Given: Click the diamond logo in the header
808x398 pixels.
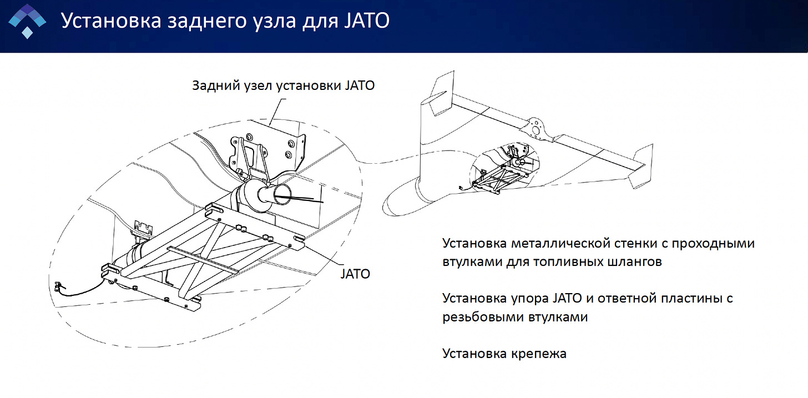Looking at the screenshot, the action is click(x=26, y=21).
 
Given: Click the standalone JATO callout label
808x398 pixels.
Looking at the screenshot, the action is click(x=355, y=274).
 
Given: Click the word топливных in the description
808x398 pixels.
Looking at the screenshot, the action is click(x=559, y=262).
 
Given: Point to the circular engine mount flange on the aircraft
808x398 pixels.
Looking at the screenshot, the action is click(x=536, y=127).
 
